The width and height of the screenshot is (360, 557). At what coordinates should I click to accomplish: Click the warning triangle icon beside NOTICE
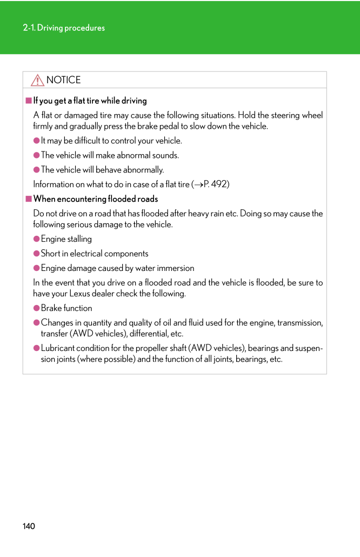37,81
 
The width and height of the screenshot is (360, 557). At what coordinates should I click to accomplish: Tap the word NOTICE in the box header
63,80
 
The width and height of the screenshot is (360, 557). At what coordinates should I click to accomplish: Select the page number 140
29,526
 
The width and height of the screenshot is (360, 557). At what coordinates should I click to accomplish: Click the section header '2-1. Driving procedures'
64,28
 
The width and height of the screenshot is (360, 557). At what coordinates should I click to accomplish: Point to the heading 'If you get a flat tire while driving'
90,101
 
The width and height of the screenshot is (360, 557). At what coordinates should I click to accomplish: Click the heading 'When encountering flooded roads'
96,199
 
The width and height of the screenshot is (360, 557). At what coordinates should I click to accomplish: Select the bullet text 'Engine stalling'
66,239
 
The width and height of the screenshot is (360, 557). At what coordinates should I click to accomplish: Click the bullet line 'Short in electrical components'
94,254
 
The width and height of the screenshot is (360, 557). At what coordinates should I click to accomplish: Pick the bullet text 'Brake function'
66,308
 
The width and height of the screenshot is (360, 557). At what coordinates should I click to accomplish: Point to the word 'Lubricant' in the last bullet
58,348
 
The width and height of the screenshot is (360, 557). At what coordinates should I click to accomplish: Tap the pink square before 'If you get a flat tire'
29,101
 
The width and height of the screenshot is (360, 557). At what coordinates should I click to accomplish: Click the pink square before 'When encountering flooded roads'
29,199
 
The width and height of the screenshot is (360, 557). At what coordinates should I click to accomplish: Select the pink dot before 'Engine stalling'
37,239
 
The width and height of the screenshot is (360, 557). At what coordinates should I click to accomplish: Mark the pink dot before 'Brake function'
37,308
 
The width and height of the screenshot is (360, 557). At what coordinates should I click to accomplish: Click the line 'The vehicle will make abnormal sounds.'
110,155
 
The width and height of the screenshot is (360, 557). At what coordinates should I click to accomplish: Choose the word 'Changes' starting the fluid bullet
57,323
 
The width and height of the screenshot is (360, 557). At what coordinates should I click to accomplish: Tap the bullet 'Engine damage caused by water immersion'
117,268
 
